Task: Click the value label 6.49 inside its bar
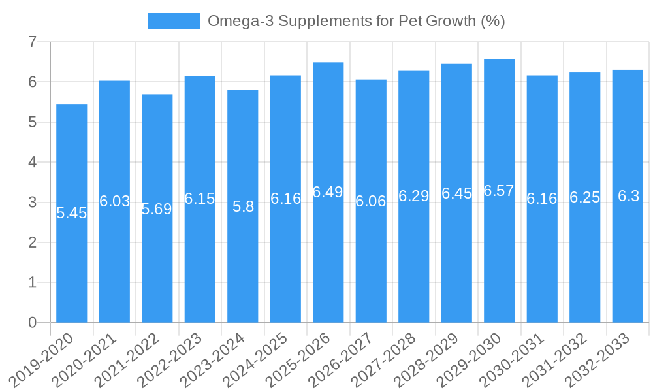[x=328, y=192]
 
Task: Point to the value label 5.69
[x=157, y=209]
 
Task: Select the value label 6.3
[x=628, y=196]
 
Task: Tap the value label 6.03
[x=114, y=201]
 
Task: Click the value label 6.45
[x=456, y=193]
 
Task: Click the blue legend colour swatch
[x=174, y=21]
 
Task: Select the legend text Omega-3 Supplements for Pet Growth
[x=356, y=21]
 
